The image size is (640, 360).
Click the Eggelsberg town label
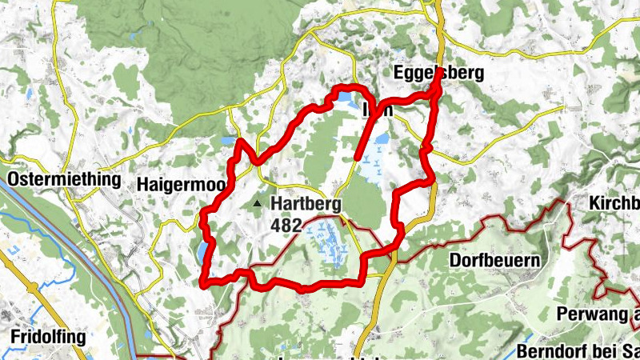tap(438, 74)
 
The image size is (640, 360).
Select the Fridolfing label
tap(48, 337)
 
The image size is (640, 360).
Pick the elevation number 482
tap(286, 226)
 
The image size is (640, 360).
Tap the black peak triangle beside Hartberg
tap(257, 205)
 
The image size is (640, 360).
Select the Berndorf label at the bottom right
tap(576, 351)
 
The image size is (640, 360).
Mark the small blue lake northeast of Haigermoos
tap(227, 142)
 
